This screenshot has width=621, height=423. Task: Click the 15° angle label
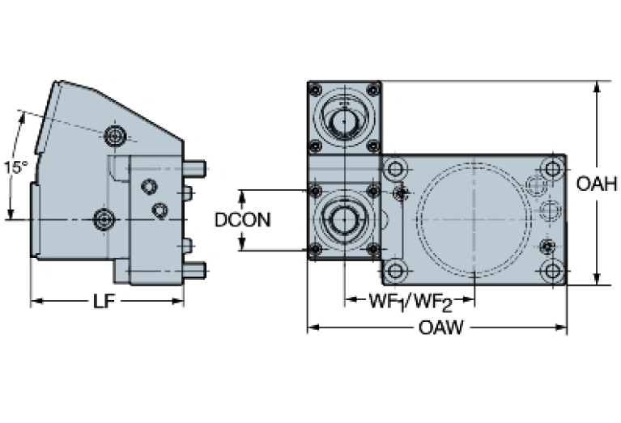point(15,167)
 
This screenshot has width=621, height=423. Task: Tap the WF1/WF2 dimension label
point(410,302)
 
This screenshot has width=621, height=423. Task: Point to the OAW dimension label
point(442,328)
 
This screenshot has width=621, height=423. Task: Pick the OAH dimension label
point(597,184)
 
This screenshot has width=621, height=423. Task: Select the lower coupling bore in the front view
point(344,219)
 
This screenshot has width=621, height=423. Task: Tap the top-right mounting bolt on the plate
point(552,170)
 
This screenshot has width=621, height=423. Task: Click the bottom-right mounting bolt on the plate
point(552,270)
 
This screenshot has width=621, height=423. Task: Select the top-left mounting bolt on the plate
point(395,170)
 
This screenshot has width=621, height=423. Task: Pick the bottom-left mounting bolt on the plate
point(395,270)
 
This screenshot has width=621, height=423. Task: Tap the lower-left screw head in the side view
point(104,218)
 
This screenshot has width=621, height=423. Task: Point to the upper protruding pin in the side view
point(196,167)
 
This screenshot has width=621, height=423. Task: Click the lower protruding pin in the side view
point(196,269)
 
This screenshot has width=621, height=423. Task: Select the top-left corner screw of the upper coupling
point(315,89)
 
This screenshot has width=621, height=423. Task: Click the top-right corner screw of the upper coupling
point(372,89)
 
